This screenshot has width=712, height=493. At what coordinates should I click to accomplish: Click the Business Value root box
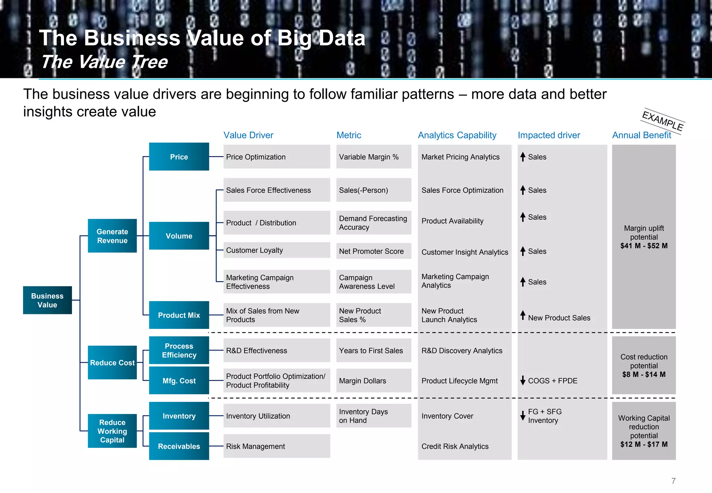point(47,300)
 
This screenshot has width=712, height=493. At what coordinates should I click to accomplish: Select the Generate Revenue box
point(112,236)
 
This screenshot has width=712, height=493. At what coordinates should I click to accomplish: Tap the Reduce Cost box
point(112,362)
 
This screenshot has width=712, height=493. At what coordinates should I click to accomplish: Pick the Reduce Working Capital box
point(112,431)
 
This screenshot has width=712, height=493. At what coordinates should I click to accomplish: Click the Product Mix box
point(179,315)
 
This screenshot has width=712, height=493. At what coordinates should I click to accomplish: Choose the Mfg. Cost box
point(179,380)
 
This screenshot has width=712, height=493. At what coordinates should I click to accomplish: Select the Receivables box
point(179,446)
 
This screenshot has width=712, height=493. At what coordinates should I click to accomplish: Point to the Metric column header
point(349,135)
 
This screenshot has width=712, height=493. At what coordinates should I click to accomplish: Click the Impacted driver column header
point(549,135)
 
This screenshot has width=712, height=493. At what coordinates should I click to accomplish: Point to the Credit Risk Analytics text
point(455,446)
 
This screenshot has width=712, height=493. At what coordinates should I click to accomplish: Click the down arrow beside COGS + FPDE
point(523,380)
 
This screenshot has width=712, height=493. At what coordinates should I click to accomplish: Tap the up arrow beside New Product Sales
point(523,315)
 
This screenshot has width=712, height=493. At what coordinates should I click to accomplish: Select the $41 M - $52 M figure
point(644,246)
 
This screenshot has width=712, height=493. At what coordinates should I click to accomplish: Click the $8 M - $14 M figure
point(644,374)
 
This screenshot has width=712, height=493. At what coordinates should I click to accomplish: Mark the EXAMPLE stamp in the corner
point(663,121)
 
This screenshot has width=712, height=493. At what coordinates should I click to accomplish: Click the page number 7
point(673,481)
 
